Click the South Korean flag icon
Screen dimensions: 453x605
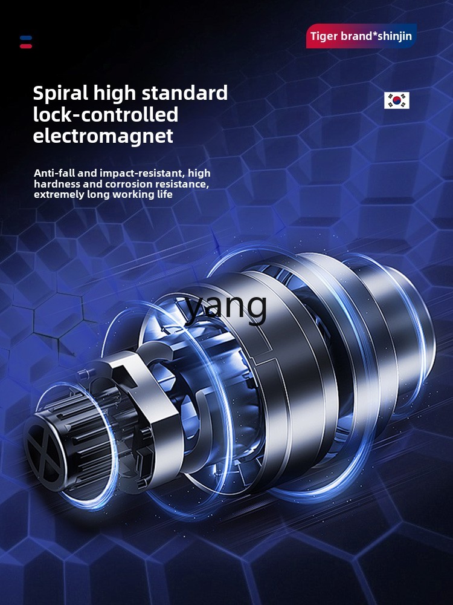point(396,100)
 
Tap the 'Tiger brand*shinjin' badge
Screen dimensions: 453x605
point(361,36)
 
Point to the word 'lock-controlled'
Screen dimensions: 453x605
point(106,115)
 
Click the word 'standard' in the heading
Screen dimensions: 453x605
point(185,93)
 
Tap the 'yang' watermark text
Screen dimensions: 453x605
point(226,307)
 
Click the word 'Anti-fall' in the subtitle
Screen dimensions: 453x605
point(55,173)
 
